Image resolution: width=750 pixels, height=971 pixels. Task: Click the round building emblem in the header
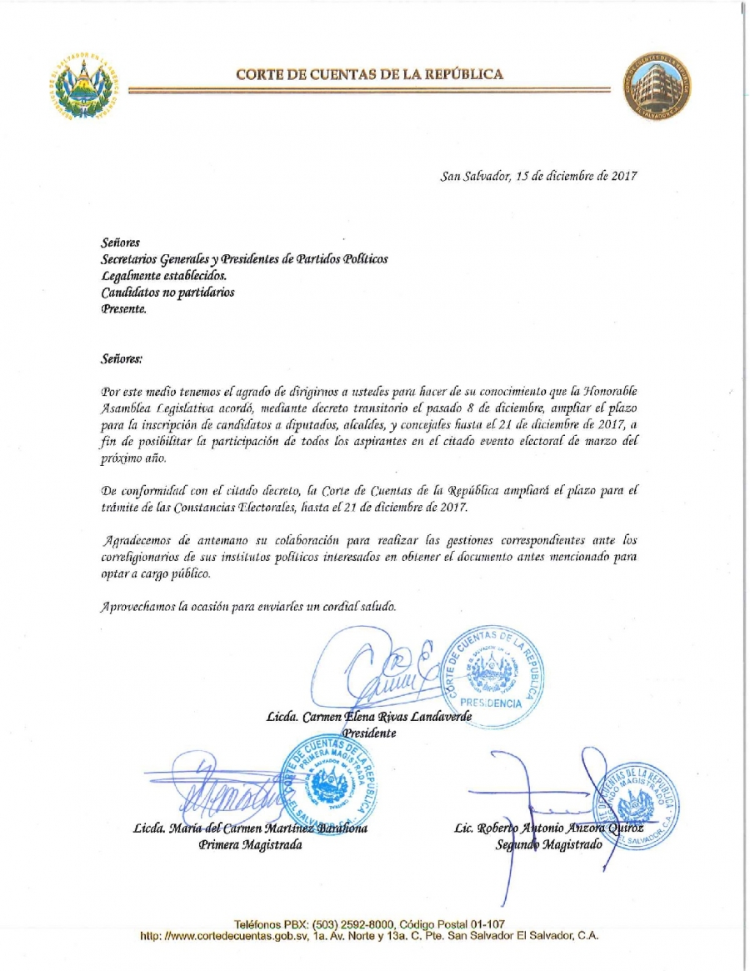click(x=657, y=88)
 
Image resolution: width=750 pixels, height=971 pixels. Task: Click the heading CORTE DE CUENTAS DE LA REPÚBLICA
click(x=369, y=74)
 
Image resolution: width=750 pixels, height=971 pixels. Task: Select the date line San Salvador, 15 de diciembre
click(x=538, y=176)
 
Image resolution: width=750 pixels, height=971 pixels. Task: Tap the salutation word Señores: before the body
click(x=122, y=358)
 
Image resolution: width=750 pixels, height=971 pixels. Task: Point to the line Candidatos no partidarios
click(x=167, y=293)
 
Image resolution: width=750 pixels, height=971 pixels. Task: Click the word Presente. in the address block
click(x=123, y=309)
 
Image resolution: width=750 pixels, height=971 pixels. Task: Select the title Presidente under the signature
click(x=369, y=733)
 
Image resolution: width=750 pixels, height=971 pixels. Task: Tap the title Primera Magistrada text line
click(x=250, y=845)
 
